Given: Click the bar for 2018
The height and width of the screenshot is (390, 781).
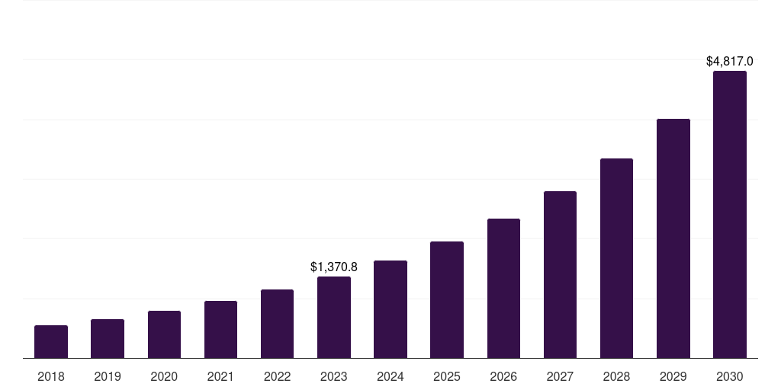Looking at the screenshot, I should (51, 341).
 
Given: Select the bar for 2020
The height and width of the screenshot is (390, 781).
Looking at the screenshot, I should (164, 334).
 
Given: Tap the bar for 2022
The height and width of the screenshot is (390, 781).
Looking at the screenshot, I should (277, 324).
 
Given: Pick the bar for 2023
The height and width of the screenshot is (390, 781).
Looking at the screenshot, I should (334, 317).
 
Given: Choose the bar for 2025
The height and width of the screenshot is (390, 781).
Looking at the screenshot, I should (447, 299).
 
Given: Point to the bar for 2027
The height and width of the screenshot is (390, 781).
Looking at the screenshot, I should (560, 274).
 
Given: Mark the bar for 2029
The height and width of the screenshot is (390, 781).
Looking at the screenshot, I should (673, 238).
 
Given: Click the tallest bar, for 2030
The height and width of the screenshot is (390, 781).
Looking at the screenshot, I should (730, 214).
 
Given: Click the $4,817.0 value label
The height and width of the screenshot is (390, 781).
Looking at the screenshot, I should (730, 61).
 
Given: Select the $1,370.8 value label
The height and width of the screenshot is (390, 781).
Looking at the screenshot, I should (334, 267).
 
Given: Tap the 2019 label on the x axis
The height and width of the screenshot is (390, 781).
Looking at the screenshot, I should (108, 376).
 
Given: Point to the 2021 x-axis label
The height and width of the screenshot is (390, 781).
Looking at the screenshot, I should (220, 376).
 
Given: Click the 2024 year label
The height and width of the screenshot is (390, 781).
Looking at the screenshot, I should (390, 376).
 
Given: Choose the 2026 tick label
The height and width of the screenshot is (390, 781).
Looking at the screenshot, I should (503, 376).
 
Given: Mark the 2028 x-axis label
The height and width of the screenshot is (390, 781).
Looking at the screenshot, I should (616, 376).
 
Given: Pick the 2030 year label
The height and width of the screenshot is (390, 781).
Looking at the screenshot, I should (730, 376).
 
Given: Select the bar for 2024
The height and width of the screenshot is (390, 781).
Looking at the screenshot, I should (390, 309).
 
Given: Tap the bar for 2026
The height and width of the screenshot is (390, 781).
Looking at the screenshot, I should (503, 288).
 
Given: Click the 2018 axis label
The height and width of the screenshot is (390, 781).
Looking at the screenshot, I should (51, 376).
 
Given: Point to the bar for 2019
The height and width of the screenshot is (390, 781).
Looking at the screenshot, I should (108, 338).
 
